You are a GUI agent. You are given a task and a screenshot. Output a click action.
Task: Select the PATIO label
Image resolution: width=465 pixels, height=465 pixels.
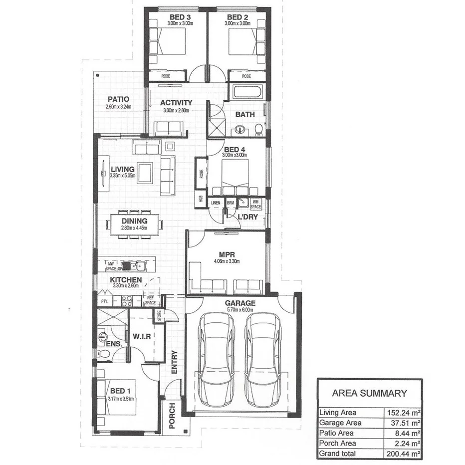click(x=118, y=99)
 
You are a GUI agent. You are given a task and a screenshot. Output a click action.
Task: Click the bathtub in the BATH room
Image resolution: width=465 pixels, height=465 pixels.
click(x=247, y=92)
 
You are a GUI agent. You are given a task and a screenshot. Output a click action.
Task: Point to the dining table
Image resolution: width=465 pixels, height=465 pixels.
click(x=134, y=224)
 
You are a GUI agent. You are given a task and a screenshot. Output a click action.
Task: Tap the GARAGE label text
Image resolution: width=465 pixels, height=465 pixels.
click(x=240, y=303)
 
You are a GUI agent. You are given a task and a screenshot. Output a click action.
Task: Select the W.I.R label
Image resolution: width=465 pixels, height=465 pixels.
click(x=141, y=336)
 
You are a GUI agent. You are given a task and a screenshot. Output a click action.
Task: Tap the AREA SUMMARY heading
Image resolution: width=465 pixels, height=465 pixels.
click(x=369, y=393)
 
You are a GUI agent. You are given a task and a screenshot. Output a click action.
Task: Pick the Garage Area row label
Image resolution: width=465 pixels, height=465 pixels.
click(x=340, y=423)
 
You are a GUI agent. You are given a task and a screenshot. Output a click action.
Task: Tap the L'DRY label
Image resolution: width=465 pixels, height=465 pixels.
click(x=247, y=217)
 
